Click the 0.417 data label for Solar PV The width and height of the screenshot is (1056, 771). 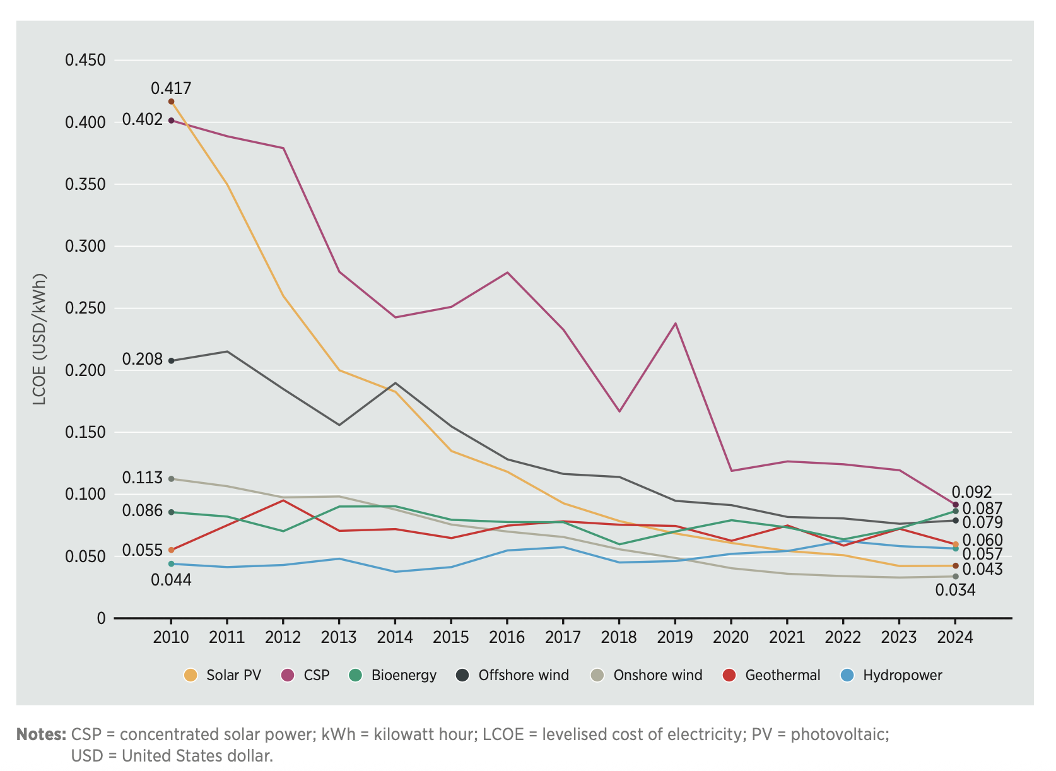(x=170, y=88)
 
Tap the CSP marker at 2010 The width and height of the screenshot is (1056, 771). (x=171, y=121)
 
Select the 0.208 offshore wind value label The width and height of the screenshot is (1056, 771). (x=142, y=359)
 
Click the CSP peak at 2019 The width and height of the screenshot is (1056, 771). (x=676, y=324)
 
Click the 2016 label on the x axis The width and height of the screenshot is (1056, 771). (x=507, y=637)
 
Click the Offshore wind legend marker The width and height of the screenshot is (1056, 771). (x=462, y=675)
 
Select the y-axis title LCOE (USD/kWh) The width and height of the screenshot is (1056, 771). (x=40, y=339)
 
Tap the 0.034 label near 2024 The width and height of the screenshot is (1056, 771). (x=955, y=591)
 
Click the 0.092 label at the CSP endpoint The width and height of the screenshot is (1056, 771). (x=971, y=492)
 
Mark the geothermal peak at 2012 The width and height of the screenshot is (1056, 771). (x=283, y=500)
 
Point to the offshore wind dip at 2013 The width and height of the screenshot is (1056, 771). (x=339, y=425)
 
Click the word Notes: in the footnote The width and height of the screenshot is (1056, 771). (x=41, y=734)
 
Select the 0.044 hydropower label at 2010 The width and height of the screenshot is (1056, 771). (x=170, y=580)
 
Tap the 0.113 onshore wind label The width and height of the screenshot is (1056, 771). (x=142, y=478)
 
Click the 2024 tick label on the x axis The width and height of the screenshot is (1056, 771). (x=954, y=637)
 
